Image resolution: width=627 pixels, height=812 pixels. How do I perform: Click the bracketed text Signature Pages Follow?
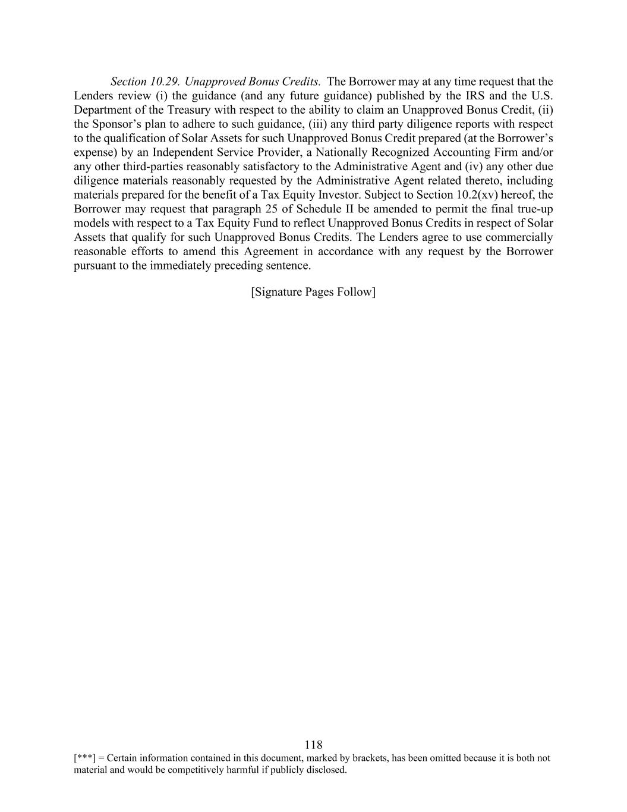tap(313, 292)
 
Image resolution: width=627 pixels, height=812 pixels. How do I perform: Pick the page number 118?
tap(313, 745)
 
